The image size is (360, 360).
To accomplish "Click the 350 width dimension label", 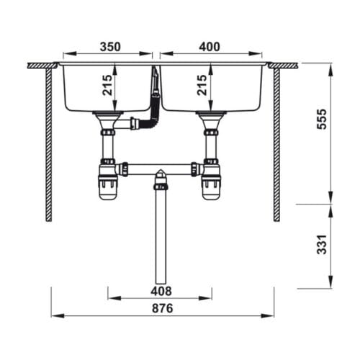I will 109,47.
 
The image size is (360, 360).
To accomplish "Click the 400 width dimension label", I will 209,47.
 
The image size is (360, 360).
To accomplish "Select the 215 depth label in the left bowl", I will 107,87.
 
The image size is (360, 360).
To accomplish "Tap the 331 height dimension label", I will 321,246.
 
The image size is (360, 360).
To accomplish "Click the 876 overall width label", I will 163,308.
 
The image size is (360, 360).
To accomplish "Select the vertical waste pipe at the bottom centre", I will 160,238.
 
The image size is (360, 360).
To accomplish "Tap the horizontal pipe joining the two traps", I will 160,168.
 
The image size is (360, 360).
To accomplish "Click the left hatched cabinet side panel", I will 49,144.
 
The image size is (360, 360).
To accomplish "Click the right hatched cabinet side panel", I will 276,144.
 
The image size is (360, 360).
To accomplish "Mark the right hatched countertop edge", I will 283,66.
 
